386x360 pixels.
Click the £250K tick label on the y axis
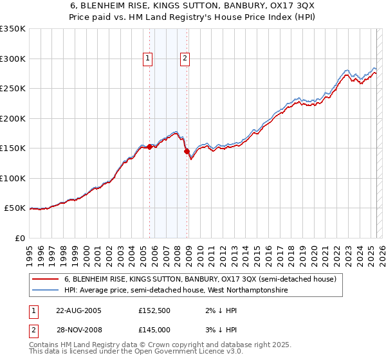[12, 89]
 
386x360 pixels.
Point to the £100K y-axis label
[12, 178]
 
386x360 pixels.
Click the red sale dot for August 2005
[150, 147]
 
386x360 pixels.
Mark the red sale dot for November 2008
[187, 152]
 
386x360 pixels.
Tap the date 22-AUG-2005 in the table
[78, 310]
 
